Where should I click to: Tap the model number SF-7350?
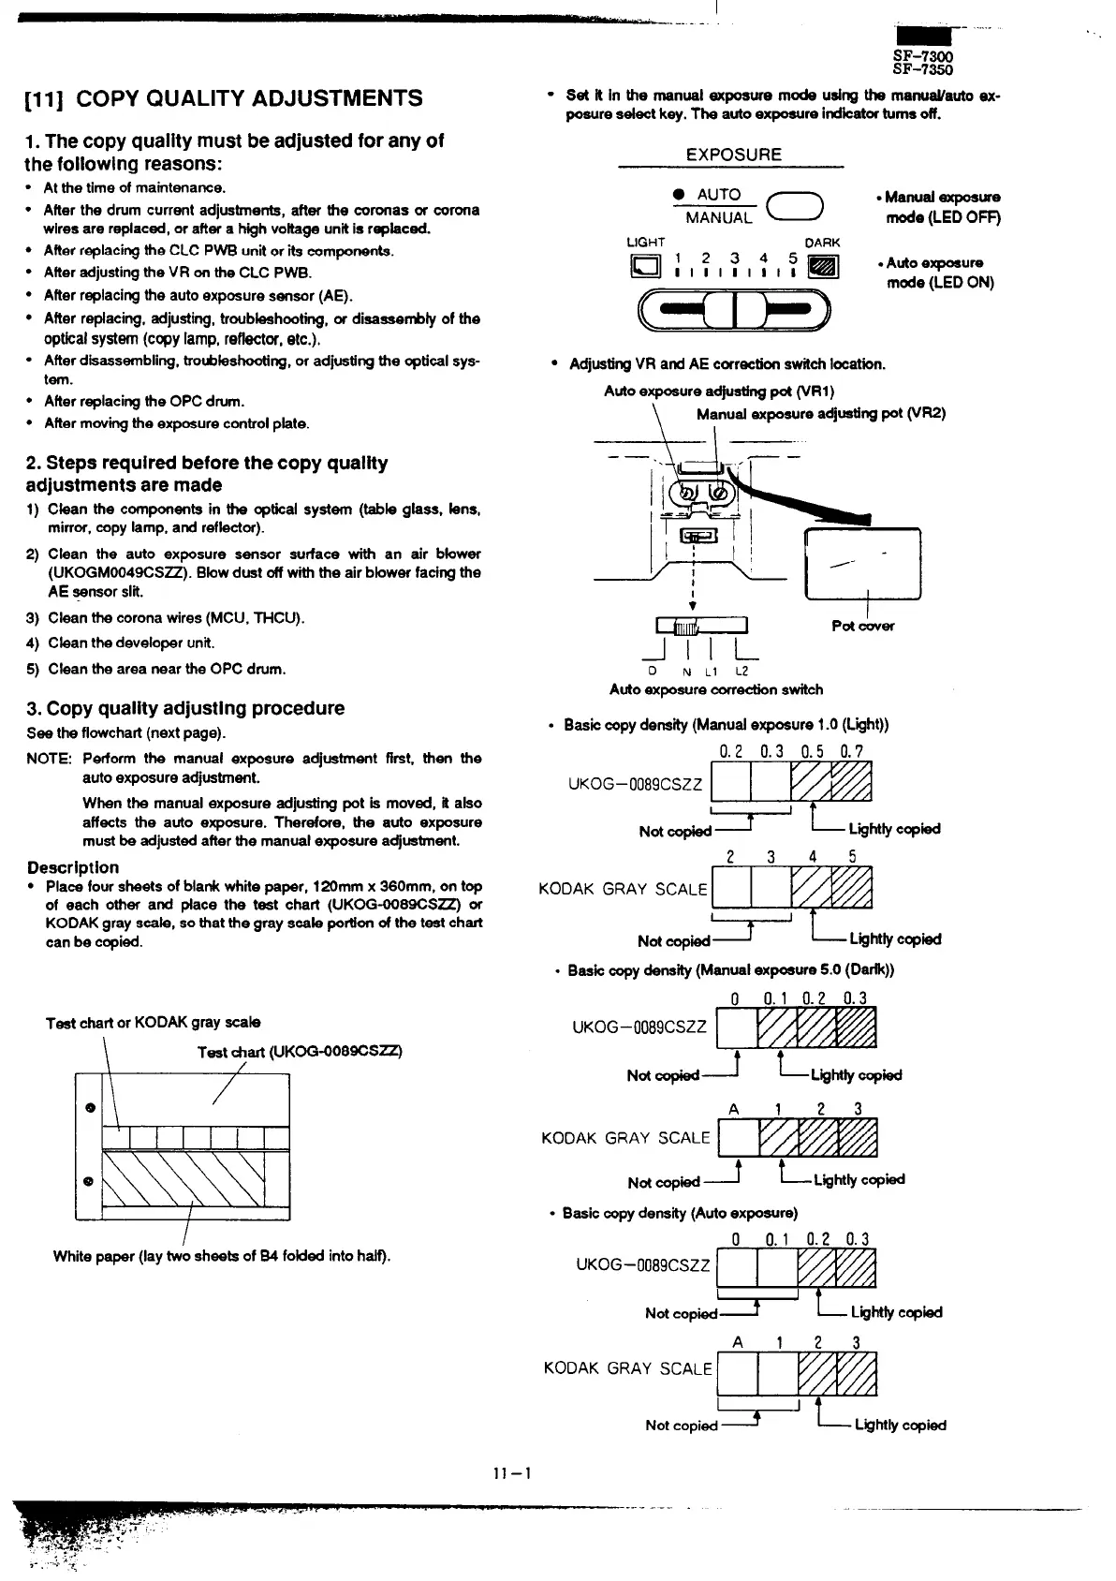tap(922, 70)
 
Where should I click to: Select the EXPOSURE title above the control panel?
tap(734, 155)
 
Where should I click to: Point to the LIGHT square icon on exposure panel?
tap(645, 268)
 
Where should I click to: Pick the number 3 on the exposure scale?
tap(735, 258)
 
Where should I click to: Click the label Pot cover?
tap(862, 626)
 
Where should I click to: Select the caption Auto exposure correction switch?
tap(716, 689)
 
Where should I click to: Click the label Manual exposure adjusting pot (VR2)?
tap(821, 413)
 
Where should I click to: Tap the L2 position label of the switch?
tap(742, 671)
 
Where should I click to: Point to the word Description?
tap(73, 867)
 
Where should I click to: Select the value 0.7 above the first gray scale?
tap(852, 751)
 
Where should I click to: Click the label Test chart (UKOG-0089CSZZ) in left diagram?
tap(300, 1052)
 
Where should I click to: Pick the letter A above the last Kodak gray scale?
tap(738, 1342)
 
